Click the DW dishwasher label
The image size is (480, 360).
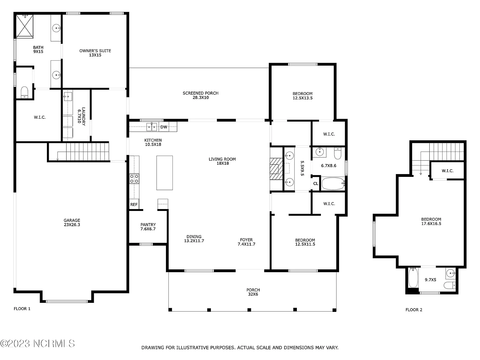[x=163, y=127]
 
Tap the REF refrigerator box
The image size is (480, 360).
[x=134, y=204]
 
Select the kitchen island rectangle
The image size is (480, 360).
[x=164, y=173]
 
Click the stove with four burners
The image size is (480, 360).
[x=134, y=178]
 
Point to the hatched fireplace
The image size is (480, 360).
[x=276, y=169]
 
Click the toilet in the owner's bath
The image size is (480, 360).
[x=24, y=92]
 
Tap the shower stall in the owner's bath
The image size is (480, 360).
[x=25, y=26]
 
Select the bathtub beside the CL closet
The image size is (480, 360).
[x=333, y=184]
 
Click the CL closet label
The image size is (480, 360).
[x=316, y=184]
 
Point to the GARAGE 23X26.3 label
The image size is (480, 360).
[x=72, y=222]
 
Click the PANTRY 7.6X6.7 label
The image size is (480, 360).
[x=148, y=227]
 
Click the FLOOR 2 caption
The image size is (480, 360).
[x=414, y=310]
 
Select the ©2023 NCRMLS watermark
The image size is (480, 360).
[x=37, y=343]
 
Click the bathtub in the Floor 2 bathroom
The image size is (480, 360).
[x=413, y=277]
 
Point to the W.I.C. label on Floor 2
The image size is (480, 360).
[x=447, y=171]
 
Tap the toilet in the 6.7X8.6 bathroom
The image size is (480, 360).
[x=337, y=153]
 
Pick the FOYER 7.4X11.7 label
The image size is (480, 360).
[x=247, y=242]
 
